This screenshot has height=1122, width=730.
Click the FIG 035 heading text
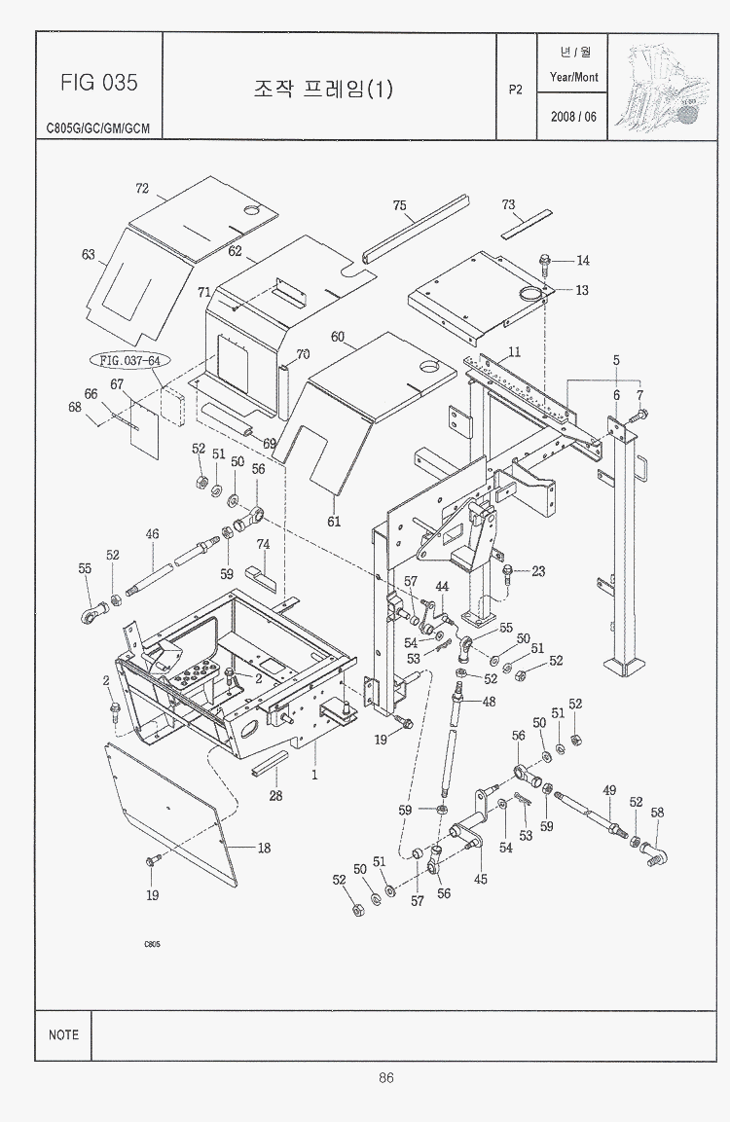(98, 83)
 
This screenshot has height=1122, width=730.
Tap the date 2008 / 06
(573, 117)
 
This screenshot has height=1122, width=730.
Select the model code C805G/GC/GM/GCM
(98, 128)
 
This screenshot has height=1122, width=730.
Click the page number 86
(385, 1077)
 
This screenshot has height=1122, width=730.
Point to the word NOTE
(63, 1034)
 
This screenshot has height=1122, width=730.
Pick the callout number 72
(142, 188)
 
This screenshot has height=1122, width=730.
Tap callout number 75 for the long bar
(399, 205)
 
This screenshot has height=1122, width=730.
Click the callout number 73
(508, 204)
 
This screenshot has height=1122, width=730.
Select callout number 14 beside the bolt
(583, 261)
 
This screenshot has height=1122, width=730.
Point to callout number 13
(582, 290)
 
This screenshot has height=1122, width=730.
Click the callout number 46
(152, 534)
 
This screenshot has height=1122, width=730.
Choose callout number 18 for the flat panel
(264, 848)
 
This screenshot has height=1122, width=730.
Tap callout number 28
(275, 795)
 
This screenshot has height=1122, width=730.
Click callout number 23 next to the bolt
(538, 571)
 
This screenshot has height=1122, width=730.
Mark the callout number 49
(609, 791)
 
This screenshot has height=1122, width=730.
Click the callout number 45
(480, 879)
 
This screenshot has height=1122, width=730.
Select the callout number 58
(657, 813)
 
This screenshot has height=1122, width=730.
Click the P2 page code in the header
(515, 90)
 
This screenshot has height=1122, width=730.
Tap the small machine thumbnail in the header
(662, 86)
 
